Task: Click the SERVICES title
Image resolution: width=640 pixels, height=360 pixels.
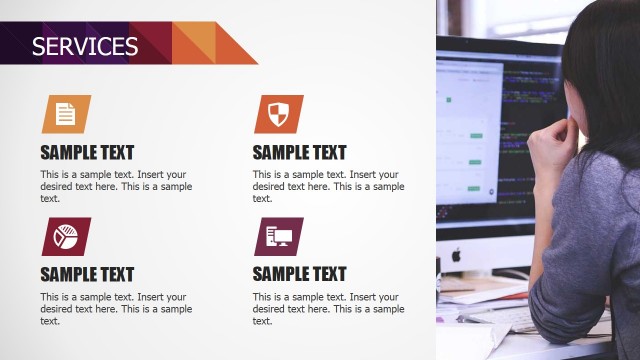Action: (x=85, y=46)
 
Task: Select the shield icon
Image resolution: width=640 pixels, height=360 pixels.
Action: (x=278, y=114)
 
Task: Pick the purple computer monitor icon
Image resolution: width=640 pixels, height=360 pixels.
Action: (x=278, y=237)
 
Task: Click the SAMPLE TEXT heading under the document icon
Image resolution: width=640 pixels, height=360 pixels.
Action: (x=87, y=153)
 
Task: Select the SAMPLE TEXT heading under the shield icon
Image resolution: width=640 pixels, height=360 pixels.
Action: (x=299, y=153)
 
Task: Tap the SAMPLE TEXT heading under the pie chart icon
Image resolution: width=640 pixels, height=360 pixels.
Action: (x=87, y=274)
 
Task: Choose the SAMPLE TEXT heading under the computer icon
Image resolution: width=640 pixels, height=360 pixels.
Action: (x=299, y=274)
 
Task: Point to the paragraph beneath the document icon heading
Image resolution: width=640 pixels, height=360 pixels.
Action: (x=116, y=186)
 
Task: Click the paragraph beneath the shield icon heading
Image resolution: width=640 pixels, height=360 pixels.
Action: (x=328, y=186)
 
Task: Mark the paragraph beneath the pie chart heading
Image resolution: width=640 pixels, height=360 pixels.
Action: (x=116, y=309)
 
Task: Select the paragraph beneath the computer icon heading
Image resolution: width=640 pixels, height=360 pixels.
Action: (x=328, y=309)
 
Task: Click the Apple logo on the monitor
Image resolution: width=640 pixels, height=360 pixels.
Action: (x=455, y=254)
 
